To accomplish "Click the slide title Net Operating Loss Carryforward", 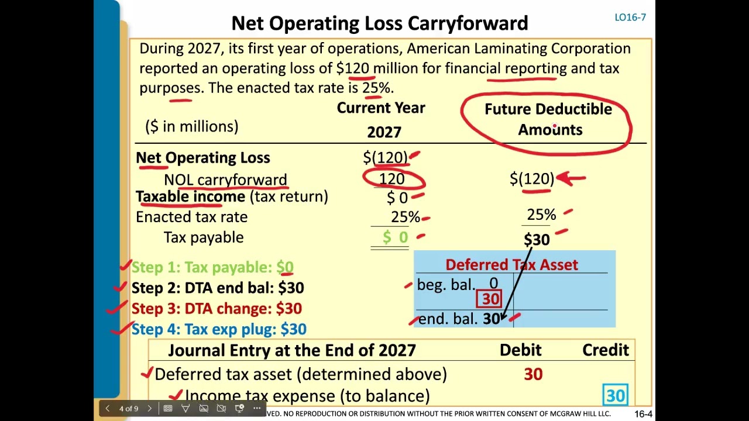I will [x=379, y=23].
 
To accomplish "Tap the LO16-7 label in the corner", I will [x=630, y=18].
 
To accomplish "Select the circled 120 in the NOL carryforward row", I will [x=391, y=179].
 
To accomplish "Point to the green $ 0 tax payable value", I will [x=396, y=237].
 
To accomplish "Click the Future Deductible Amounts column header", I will [x=548, y=119].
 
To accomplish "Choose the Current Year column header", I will [x=381, y=108].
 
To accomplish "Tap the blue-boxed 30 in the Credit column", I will [x=615, y=396].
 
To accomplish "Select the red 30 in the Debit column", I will [x=533, y=374].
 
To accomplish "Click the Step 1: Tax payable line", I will [x=212, y=267].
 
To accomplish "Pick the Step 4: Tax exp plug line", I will [x=218, y=329].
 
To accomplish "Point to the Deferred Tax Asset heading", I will [x=511, y=265].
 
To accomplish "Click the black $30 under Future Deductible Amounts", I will [x=537, y=240].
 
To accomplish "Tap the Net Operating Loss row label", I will [x=202, y=158].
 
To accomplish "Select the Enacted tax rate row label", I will [x=191, y=217].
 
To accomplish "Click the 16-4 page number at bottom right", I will [x=643, y=414].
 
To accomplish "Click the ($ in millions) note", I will [x=191, y=126].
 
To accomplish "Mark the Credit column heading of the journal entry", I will [x=605, y=350].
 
